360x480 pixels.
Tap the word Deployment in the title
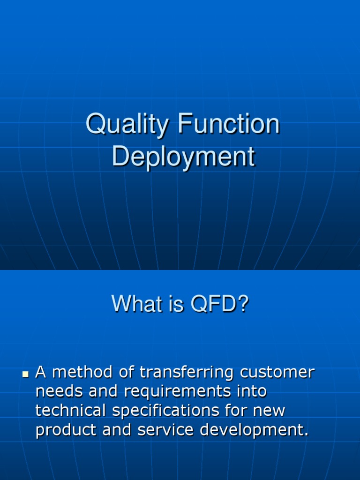point(183,157)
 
